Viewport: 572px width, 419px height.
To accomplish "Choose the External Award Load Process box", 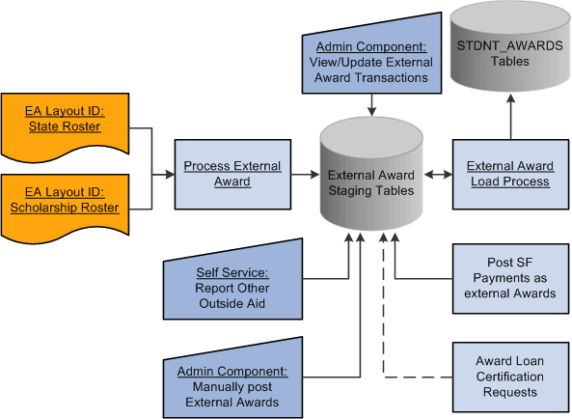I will coord(508,174).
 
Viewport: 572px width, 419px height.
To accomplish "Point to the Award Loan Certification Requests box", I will coord(509,377).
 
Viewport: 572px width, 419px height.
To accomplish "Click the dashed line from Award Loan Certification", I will coord(415,377).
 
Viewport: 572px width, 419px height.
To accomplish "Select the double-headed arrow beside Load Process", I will coord(439,175).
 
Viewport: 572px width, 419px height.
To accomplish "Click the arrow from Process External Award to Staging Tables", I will coord(304,175).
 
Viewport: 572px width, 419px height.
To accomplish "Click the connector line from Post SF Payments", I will coord(415,278).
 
